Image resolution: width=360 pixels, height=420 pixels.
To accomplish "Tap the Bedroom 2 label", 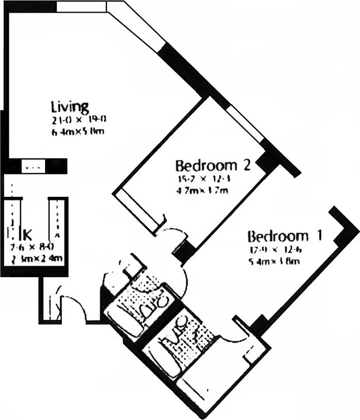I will tap(213, 166).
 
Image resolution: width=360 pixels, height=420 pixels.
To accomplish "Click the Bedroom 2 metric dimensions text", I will tap(203, 190).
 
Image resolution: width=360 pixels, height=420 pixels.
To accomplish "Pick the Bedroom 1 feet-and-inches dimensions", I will tap(274, 250).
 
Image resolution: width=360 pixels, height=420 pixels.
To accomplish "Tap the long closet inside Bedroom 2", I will tap(136, 209).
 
